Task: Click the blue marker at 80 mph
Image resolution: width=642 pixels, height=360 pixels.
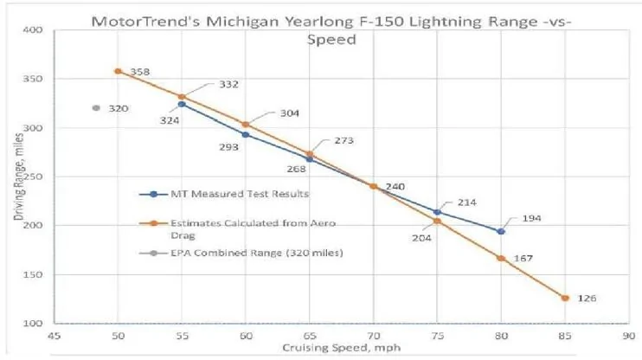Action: [500, 231]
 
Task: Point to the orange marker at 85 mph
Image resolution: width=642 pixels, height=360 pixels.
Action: [564, 298]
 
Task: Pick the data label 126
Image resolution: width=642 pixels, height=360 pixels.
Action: [587, 299]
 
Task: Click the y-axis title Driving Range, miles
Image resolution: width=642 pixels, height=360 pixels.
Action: [19, 177]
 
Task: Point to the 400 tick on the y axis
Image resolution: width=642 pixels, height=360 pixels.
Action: [33, 30]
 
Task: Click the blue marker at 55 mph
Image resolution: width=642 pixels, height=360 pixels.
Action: [181, 104]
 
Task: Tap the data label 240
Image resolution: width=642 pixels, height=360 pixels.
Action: [395, 186]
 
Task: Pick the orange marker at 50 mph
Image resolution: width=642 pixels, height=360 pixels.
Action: [118, 71]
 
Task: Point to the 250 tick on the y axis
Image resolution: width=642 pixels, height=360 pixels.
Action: [33, 177]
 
